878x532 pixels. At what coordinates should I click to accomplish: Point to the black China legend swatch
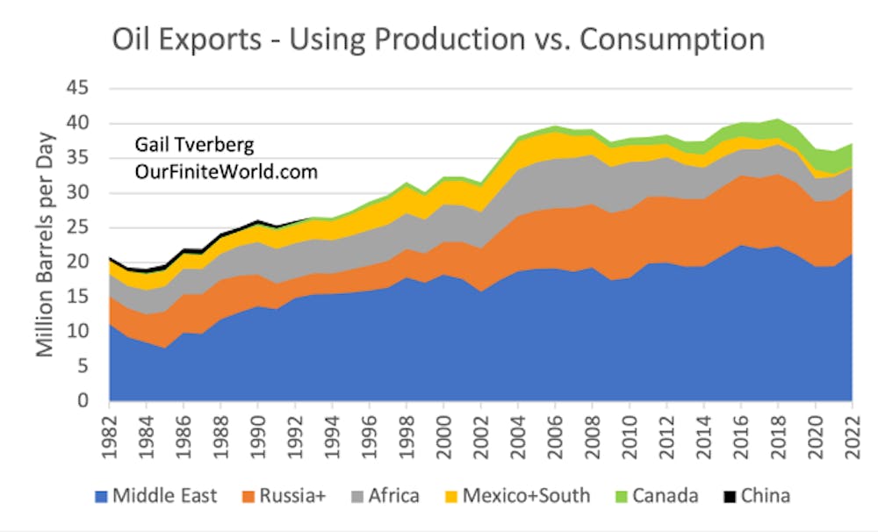tap(723, 496)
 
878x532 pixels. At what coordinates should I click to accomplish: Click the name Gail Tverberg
tap(194, 146)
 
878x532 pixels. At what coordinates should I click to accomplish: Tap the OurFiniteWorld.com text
tap(225, 171)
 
